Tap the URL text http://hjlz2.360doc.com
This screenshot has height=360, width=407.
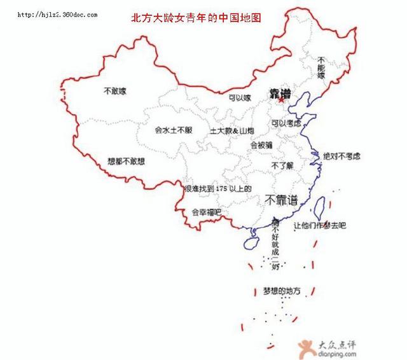[x=57, y=13]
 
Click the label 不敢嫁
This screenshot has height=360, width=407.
[x=114, y=91]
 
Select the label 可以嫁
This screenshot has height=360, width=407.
[x=240, y=98]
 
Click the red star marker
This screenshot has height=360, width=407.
[x=280, y=99]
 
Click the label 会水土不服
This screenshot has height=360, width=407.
[x=173, y=130]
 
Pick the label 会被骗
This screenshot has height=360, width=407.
[x=261, y=145]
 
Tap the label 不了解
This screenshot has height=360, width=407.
[x=281, y=165]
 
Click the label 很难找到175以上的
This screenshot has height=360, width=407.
[x=218, y=189]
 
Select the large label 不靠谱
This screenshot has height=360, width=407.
[x=282, y=200]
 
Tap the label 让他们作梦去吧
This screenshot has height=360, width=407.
[x=319, y=225]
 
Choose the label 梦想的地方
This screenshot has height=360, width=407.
[x=282, y=291]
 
